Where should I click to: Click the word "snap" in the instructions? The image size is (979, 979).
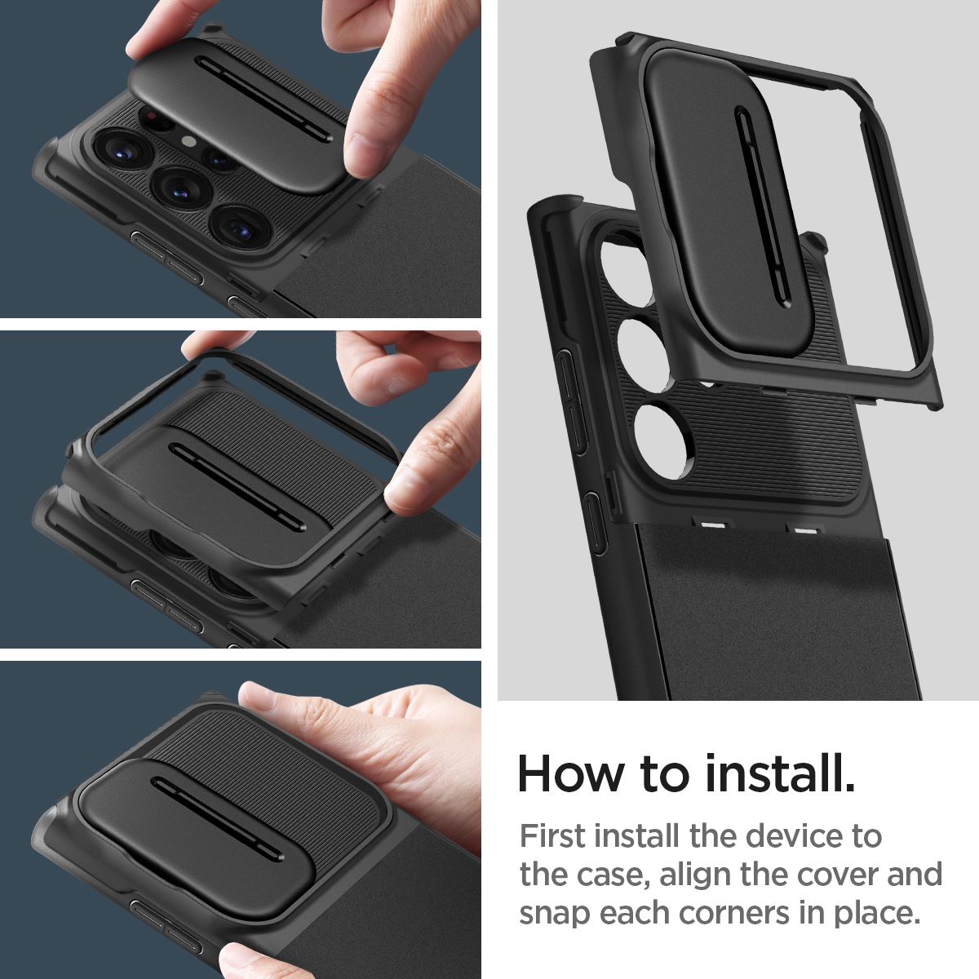[x=555, y=913]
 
